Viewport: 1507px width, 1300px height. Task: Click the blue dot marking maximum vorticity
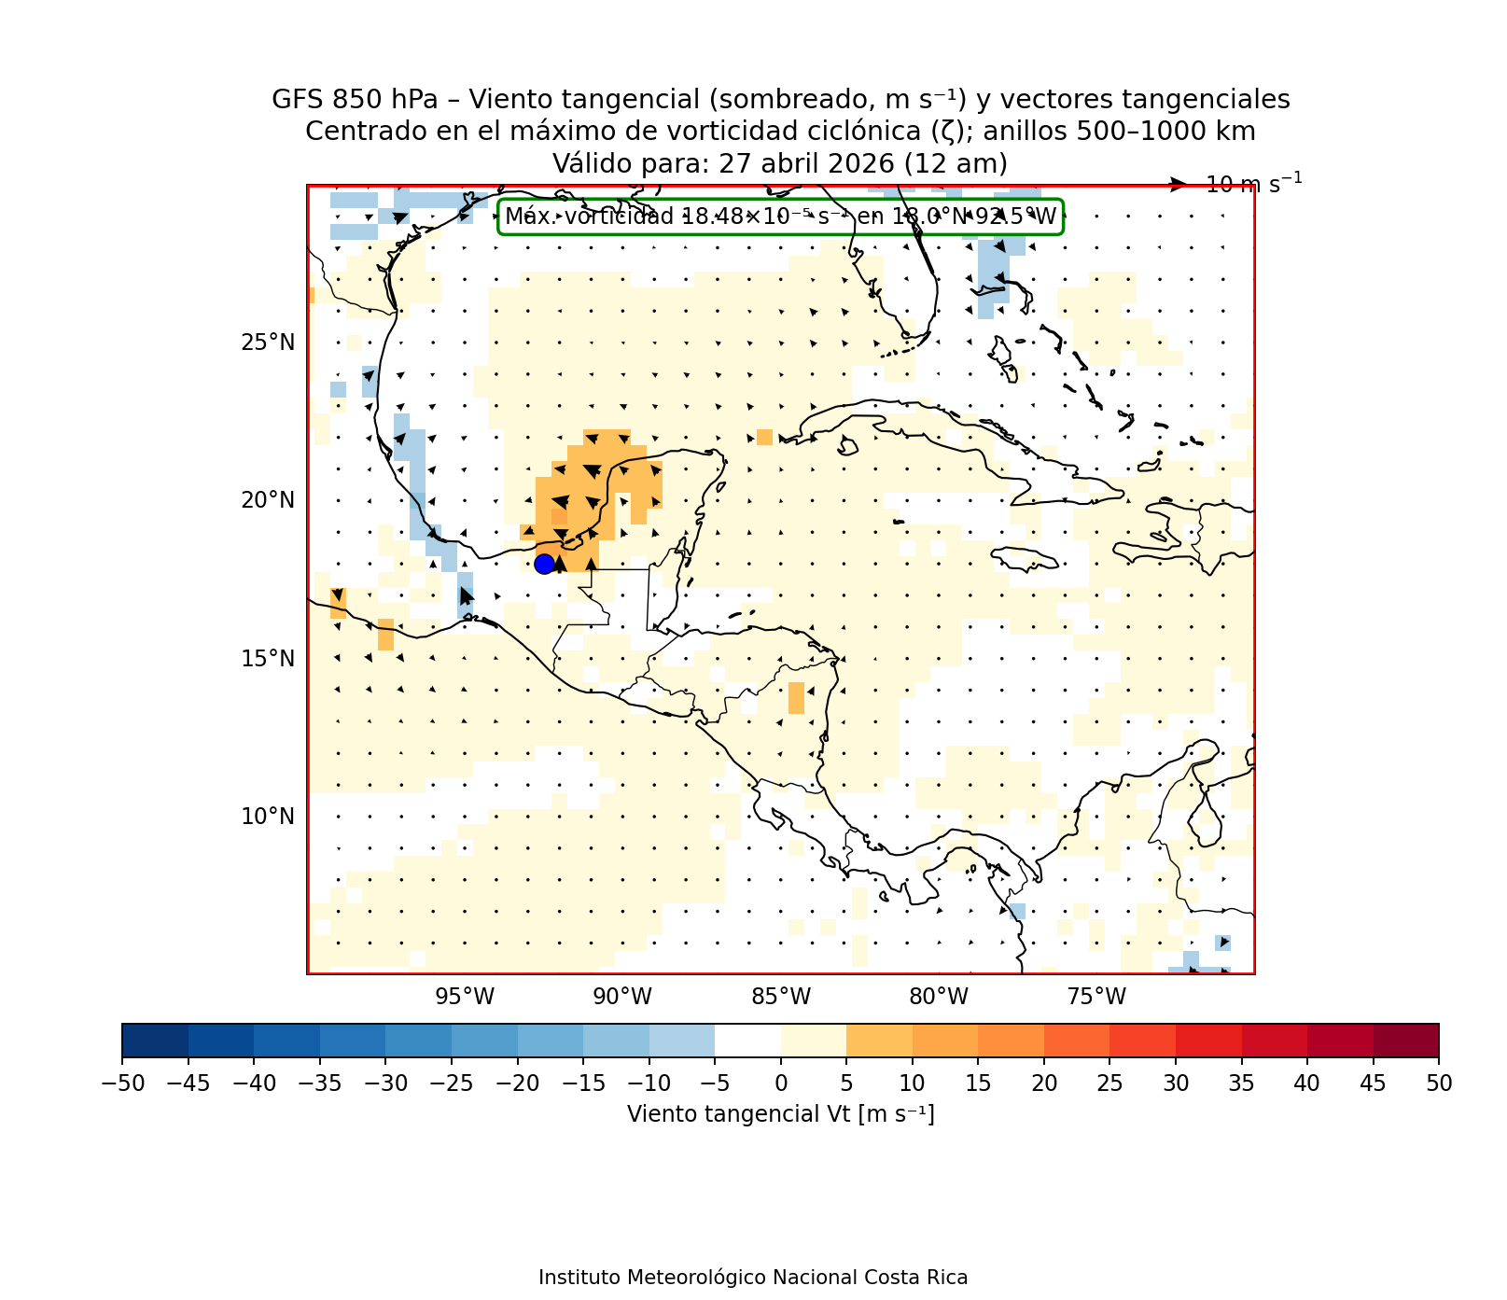(x=544, y=564)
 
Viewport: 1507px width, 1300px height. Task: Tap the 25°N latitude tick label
(x=268, y=342)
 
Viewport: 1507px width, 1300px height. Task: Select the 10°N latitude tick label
(x=268, y=817)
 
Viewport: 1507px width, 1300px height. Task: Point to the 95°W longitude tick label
(x=465, y=997)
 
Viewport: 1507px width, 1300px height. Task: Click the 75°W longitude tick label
(x=1096, y=997)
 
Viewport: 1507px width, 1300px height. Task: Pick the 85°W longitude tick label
(x=781, y=997)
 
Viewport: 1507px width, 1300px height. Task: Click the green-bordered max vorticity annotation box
(x=780, y=217)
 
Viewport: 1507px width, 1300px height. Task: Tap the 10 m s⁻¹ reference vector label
(x=1253, y=185)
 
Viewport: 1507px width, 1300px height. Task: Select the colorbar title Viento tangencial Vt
(x=780, y=1114)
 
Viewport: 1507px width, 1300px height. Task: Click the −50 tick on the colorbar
(x=122, y=1083)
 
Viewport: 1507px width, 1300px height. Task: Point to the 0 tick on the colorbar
(x=781, y=1083)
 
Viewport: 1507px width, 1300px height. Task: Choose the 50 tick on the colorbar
(x=1439, y=1083)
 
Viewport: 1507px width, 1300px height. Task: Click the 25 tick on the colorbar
(x=1109, y=1083)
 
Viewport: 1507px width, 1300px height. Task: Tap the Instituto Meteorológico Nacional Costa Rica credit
(x=753, y=1278)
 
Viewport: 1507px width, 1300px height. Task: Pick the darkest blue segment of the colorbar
(x=155, y=1041)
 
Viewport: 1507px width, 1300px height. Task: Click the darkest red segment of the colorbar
(x=1406, y=1041)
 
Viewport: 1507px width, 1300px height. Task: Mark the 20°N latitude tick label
(x=268, y=500)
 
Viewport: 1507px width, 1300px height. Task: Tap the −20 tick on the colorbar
(x=518, y=1083)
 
